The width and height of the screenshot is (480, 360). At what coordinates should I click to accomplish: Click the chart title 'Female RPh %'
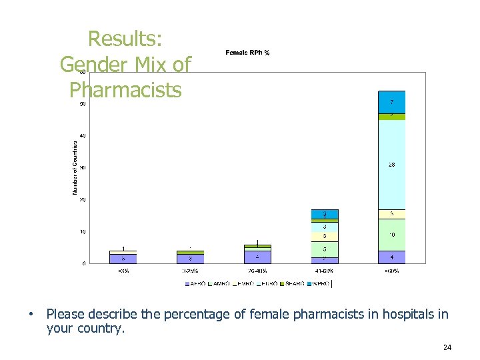pos(247,52)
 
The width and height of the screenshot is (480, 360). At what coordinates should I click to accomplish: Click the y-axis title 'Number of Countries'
pos(75,167)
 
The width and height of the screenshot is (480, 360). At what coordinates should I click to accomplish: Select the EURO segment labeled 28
pos(391,165)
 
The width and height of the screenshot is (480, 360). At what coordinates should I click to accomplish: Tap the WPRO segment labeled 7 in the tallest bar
pos(391,102)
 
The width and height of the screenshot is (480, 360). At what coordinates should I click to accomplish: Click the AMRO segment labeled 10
pos(391,235)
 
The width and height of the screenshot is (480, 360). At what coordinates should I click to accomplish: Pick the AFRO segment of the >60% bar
pos(391,257)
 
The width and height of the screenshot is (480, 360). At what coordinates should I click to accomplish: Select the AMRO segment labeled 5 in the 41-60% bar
pos(325,249)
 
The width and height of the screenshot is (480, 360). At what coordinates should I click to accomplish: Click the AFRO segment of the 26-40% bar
pos(257,257)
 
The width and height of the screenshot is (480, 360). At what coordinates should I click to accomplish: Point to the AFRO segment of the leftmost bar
pos(123,257)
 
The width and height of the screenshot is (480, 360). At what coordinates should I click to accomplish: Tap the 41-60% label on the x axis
pos(325,271)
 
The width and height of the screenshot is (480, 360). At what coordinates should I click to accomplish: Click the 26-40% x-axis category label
pos(257,271)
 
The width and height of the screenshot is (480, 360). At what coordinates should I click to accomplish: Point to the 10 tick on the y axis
pos(82,231)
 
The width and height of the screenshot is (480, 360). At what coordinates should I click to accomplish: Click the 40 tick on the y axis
pos(82,135)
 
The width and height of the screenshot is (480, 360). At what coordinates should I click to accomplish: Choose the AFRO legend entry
pos(197,283)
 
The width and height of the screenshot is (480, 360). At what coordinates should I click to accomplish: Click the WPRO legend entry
pos(318,283)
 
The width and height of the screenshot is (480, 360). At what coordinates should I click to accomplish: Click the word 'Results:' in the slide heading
pos(125,39)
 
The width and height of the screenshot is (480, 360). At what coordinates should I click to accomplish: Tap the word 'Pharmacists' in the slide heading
pos(125,89)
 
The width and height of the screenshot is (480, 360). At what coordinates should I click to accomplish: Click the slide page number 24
pos(447,347)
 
